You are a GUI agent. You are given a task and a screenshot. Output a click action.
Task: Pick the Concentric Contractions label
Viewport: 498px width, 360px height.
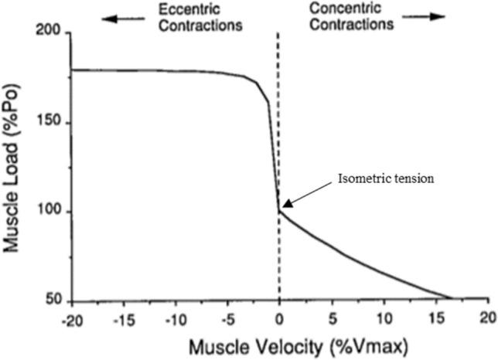coord(351,16)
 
